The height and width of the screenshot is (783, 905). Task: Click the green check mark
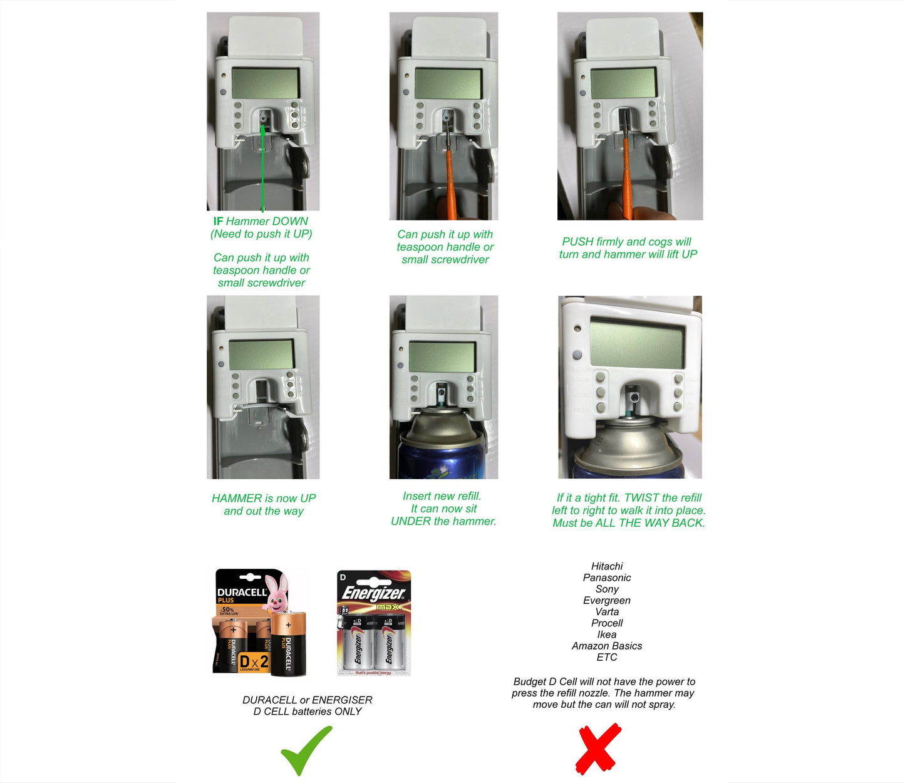tap(306, 750)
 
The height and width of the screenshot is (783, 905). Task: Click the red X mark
tap(598, 749)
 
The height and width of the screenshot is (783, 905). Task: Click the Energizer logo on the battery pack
tap(373, 593)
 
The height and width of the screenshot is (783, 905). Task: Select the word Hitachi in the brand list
tap(607, 566)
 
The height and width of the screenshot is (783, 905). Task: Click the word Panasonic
tap(607, 578)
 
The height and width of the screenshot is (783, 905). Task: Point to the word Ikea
tap(607, 635)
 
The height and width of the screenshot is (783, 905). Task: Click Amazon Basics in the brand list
tap(607, 646)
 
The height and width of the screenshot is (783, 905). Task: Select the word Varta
tap(607, 612)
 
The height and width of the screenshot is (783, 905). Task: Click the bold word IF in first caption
tap(218, 221)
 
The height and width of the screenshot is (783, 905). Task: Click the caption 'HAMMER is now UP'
tap(264, 499)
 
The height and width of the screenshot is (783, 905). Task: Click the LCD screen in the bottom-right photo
tap(636, 343)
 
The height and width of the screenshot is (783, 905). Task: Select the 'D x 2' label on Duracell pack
tap(254, 661)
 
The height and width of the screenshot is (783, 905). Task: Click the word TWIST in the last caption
tap(641, 498)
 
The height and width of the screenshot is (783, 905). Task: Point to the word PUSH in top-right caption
tap(577, 242)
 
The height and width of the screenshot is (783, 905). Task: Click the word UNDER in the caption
tap(410, 521)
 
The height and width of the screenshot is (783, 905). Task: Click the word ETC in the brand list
tap(607, 657)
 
